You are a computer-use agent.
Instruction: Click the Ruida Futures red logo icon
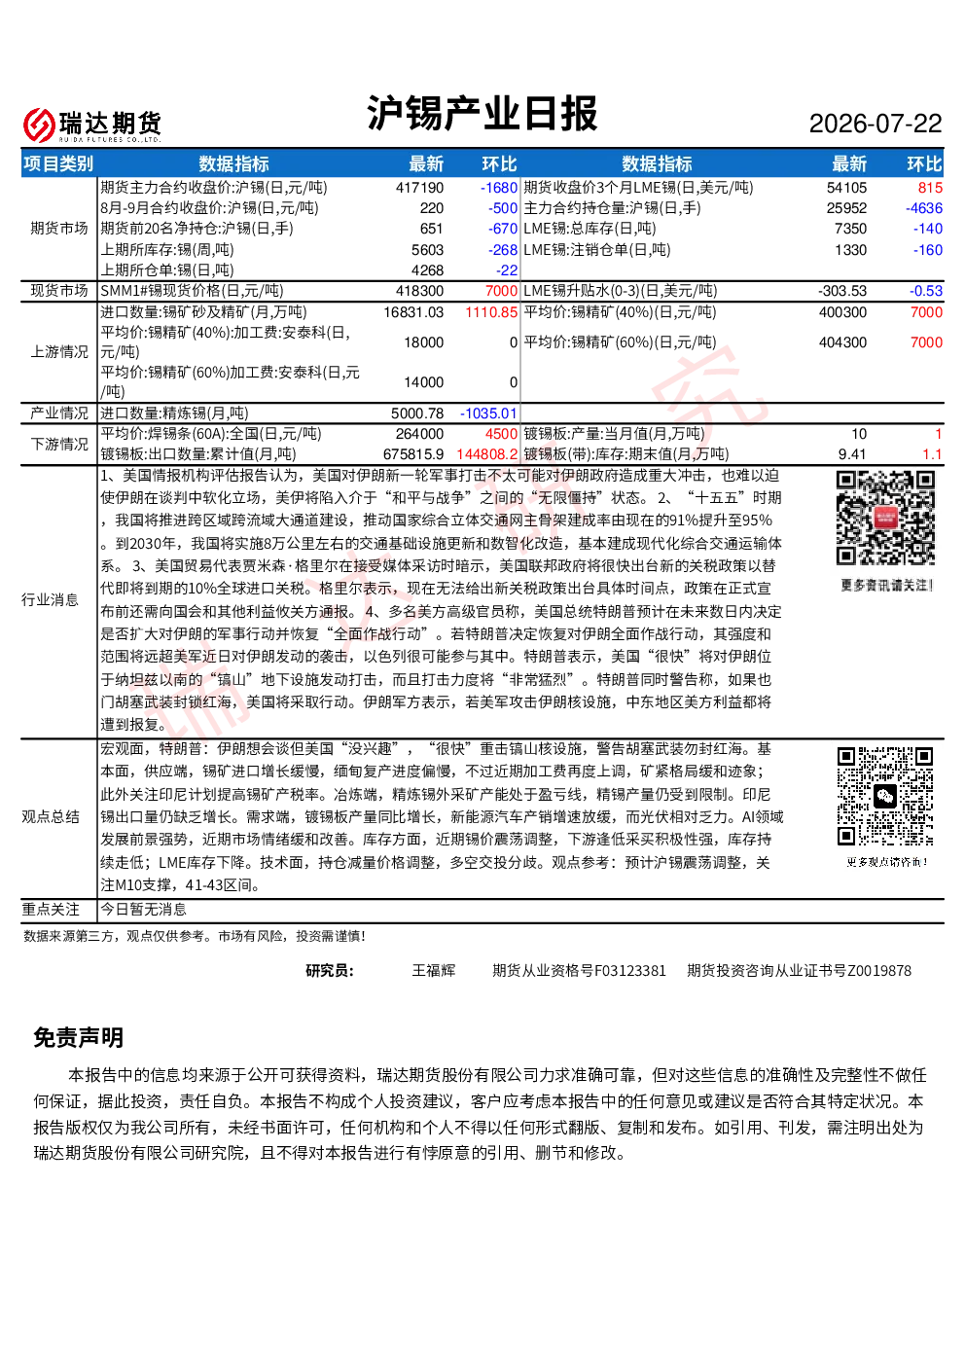pos(39,125)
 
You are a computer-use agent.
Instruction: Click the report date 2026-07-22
pos(875,124)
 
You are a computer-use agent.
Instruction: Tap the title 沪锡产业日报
pos(482,113)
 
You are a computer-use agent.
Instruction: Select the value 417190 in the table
pos(419,188)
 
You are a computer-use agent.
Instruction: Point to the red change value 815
pos(930,188)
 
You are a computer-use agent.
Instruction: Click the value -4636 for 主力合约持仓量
pos(923,208)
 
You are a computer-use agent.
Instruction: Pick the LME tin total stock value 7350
pos(850,230)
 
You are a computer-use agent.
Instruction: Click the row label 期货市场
pos(59,229)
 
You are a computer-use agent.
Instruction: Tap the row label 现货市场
pos(59,291)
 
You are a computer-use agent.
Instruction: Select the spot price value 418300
pos(419,291)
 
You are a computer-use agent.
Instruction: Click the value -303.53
pos(842,291)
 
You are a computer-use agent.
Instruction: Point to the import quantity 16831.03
pos(413,312)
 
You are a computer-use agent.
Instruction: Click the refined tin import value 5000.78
pos(417,413)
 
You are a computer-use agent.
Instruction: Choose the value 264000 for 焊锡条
pos(419,434)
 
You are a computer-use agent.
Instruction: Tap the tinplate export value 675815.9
pos(413,454)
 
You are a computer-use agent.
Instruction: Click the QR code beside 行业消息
pos(885,518)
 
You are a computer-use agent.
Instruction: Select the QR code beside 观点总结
pos(885,796)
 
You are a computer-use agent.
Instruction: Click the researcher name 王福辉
pos(434,970)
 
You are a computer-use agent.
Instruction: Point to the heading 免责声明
pos(79,1037)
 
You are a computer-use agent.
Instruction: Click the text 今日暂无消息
pos(143,909)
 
